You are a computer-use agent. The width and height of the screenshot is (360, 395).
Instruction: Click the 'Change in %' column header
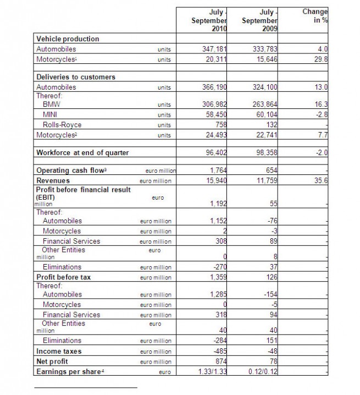315,16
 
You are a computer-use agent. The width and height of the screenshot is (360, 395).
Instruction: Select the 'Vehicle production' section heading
68,39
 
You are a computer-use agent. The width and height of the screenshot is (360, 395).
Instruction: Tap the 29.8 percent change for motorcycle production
321,58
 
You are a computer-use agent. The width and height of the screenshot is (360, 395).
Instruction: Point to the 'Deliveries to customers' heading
75,77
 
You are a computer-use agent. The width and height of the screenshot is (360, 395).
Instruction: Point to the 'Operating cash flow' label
70,171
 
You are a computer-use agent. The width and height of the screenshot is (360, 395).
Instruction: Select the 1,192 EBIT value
218,204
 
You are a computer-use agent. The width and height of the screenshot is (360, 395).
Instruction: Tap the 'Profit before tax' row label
64,277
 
